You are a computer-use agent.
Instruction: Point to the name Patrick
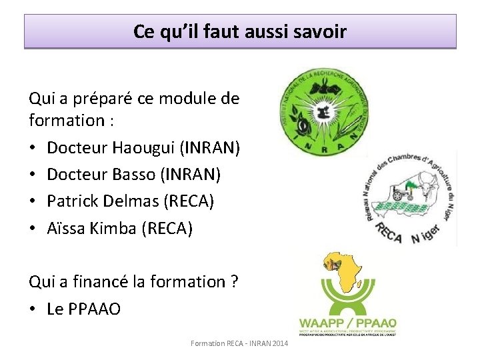[x=73, y=201]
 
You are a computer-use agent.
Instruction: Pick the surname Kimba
[x=115, y=229]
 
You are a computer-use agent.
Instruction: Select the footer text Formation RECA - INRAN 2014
[x=239, y=343]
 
